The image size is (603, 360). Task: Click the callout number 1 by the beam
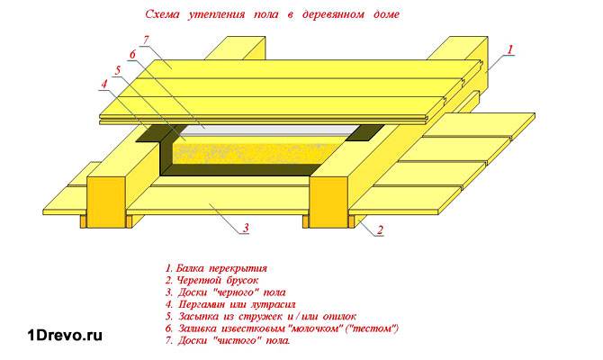(x=510, y=49)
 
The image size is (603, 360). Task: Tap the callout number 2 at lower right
(x=379, y=231)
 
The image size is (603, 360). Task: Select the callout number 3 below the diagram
(x=245, y=229)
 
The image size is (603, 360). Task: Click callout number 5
(x=118, y=70)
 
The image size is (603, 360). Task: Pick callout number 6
(x=132, y=55)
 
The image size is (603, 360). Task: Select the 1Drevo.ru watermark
(x=61, y=335)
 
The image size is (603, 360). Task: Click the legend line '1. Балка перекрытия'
(x=217, y=268)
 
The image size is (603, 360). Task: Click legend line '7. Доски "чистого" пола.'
(x=228, y=341)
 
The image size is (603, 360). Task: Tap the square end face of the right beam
(x=329, y=201)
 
